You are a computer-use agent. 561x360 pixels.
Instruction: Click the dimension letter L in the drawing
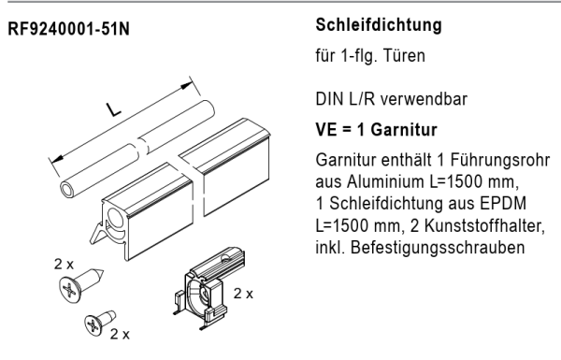[x=113, y=112]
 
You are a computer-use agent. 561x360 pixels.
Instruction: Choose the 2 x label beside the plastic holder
[x=243, y=293]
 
